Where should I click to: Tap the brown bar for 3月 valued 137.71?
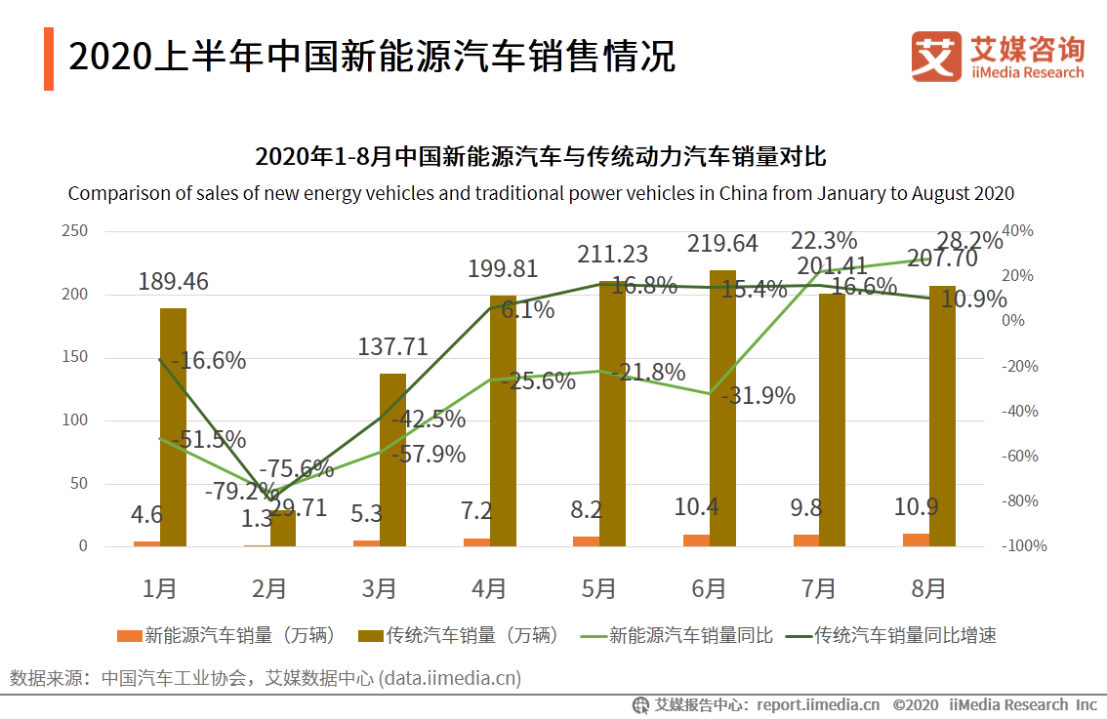point(392,459)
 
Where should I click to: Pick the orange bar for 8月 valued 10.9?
point(916,539)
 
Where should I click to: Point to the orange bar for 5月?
point(586,541)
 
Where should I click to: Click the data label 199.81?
point(502,268)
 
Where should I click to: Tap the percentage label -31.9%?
point(758,396)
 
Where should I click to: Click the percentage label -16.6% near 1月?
point(208,360)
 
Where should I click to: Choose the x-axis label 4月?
point(488,588)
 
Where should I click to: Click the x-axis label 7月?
point(818,588)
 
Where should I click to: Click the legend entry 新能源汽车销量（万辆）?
point(228,636)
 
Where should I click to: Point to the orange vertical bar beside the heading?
point(49,59)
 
